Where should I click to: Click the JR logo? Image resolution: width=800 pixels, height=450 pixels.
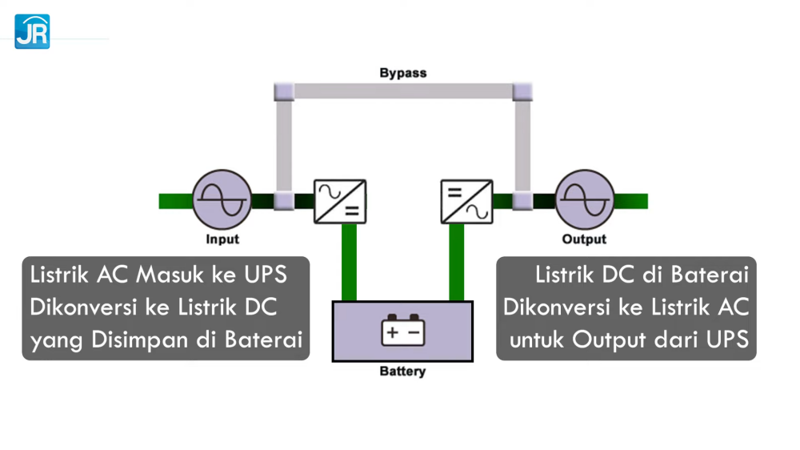32,32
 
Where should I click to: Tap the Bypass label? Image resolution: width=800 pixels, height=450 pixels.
402,73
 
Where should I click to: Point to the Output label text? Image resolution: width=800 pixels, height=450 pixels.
584,239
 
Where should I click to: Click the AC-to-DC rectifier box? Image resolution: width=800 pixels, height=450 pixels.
340,201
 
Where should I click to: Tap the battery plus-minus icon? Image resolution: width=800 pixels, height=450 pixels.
402,330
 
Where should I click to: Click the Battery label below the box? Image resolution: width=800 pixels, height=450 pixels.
402,372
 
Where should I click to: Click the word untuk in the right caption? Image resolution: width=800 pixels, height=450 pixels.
538,340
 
